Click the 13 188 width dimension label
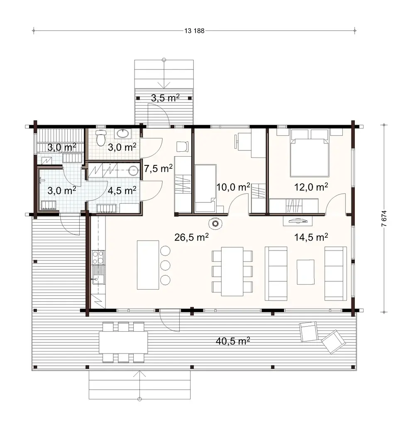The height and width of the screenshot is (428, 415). pos(193,30)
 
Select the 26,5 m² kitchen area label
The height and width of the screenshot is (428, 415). pos(191,237)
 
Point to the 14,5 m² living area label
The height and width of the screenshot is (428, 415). pos(311,237)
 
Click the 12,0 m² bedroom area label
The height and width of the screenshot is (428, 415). pos(311,187)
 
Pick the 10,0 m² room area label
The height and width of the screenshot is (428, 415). pos(233,187)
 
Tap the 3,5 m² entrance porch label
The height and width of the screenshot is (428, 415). pos(165,98)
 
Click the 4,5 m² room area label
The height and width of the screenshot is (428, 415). pos(122,190)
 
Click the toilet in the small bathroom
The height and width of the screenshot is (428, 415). pos(100,136)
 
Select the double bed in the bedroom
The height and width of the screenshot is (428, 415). pos(310,153)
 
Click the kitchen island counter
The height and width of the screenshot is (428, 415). pos(148,265)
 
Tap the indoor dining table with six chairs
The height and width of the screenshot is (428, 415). pos(232,271)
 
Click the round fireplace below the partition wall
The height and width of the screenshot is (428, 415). pos(216,224)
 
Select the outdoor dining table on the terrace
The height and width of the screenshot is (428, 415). pos(123,342)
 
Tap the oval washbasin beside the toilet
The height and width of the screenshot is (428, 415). pos(122,134)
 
